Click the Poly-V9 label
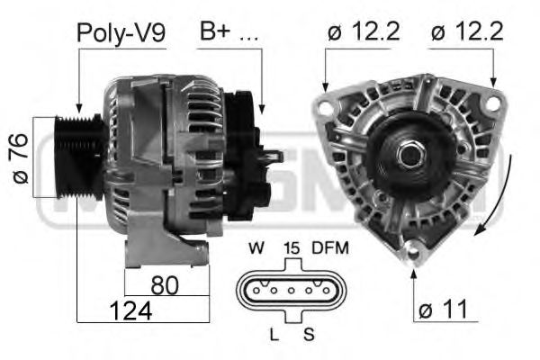[x=121, y=33]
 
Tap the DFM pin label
[x=329, y=247]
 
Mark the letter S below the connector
[x=309, y=334]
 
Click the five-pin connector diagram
[x=289, y=291]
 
